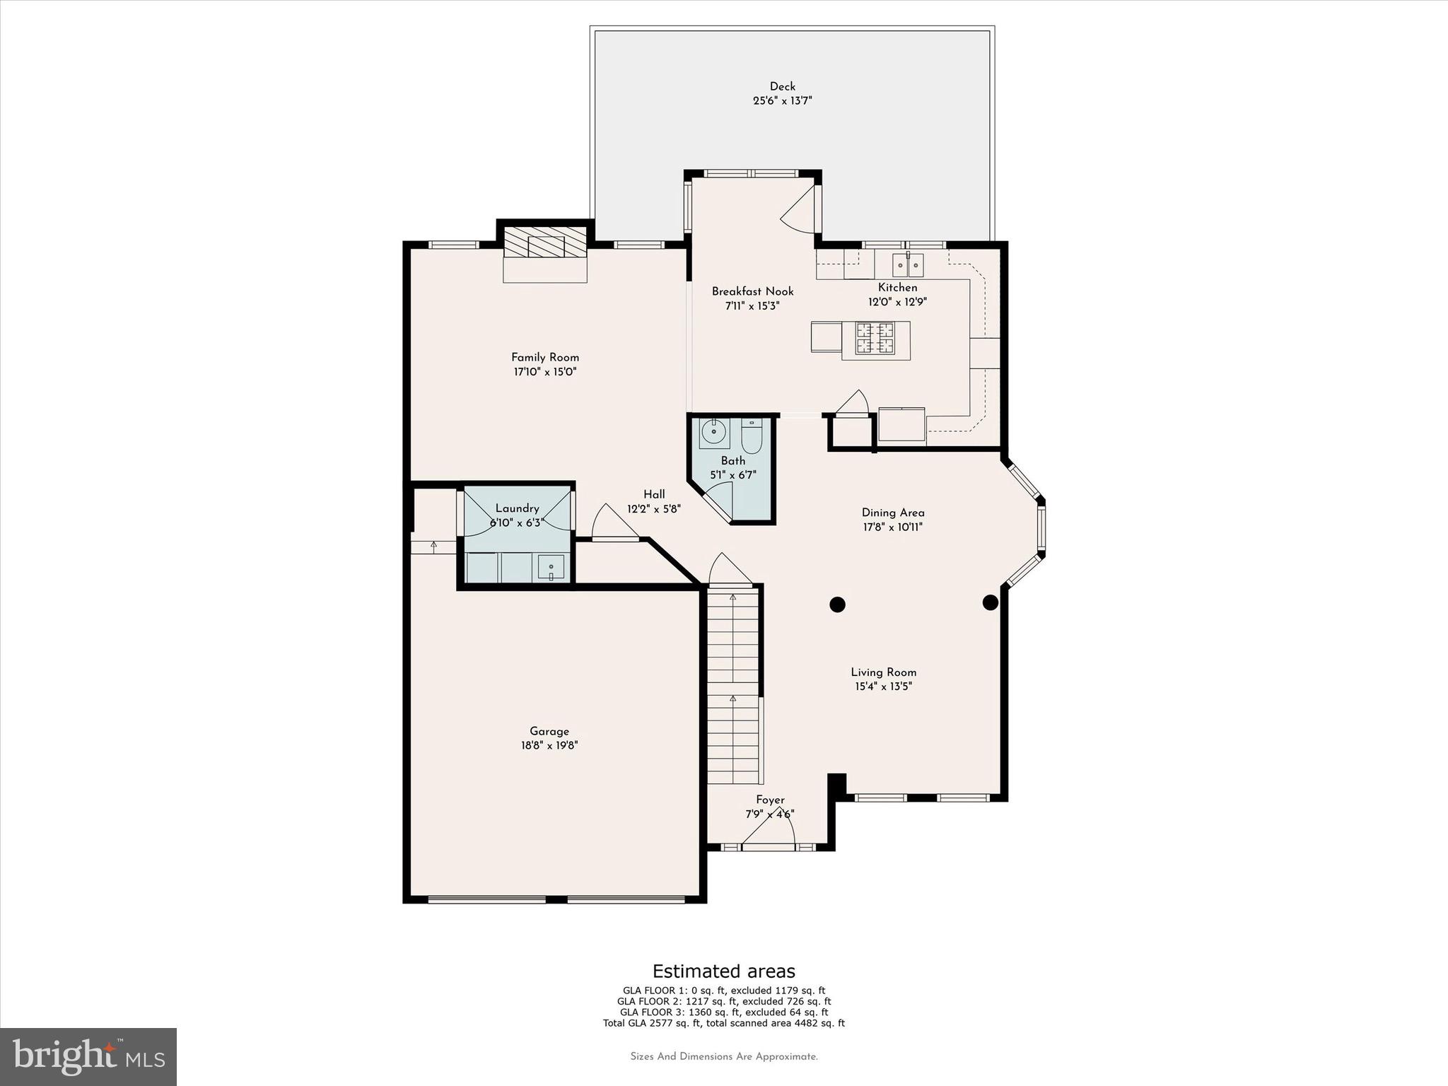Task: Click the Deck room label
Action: point(782,86)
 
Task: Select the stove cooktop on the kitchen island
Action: point(875,338)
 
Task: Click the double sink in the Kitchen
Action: point(908,266)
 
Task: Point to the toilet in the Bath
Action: point(751,438)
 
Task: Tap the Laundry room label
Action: point(517,508)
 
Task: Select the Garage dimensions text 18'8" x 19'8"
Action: point(549,745)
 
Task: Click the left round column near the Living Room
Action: point(837,605)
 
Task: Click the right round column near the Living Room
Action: point(990,602)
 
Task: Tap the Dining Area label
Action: point(892,513)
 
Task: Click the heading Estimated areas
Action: point(723,971)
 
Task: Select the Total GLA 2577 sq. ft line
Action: point(723,1023)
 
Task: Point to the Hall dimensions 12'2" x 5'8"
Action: point(653,508)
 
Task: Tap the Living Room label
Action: point(883,672)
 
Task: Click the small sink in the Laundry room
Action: point(551,567)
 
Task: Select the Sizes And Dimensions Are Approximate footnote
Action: point(723,1057)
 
